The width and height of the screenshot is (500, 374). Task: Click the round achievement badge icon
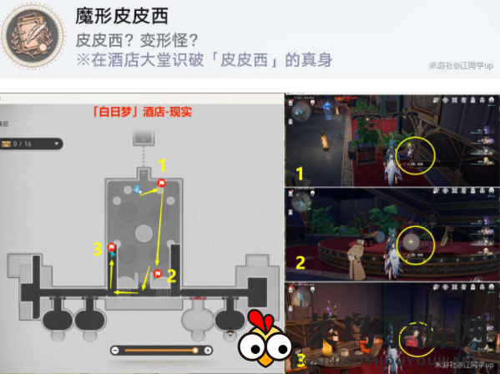tap(33, 39)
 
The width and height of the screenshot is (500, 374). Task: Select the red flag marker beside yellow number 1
tap(162, 183)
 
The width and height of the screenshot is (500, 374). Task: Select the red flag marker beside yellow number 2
tap(157, 273)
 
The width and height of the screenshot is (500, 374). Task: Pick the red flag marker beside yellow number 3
tap(112, 246)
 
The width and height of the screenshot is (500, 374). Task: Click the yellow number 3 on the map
tap(98, 248)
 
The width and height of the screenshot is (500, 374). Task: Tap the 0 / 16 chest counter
tap(32, 144)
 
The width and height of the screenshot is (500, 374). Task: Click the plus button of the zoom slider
tap(206, 350)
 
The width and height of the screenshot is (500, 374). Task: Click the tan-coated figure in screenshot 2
tap(355, 253)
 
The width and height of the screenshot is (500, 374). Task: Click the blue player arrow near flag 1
tap(138, 190)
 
